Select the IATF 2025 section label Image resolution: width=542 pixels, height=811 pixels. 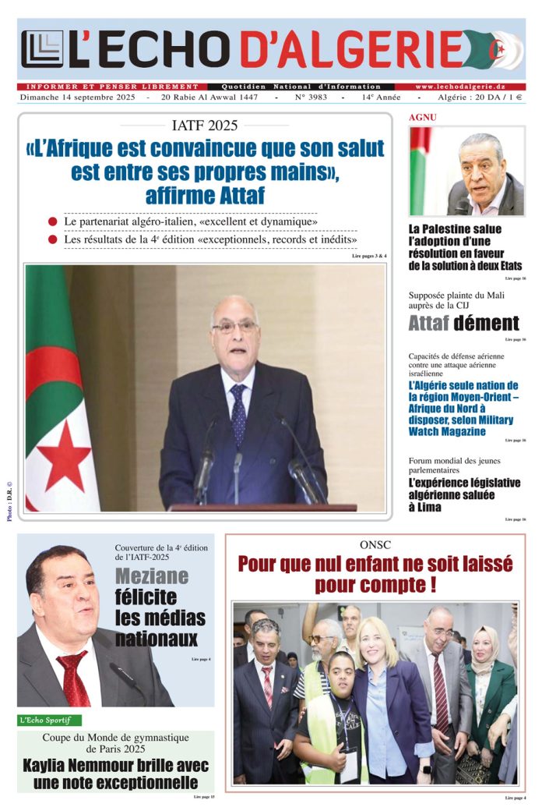point(205,125)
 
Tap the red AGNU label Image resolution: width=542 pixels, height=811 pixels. point(423,117)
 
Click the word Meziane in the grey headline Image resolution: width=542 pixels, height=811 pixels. point(152,576)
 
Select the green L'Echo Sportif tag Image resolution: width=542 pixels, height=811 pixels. point(49,720)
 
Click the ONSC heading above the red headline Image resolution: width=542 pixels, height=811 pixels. point(375,544)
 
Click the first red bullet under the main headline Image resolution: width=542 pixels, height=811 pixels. point(53,221)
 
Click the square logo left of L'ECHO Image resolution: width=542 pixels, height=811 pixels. point(42,49)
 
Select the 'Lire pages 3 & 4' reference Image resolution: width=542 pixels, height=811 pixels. point(369,256)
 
